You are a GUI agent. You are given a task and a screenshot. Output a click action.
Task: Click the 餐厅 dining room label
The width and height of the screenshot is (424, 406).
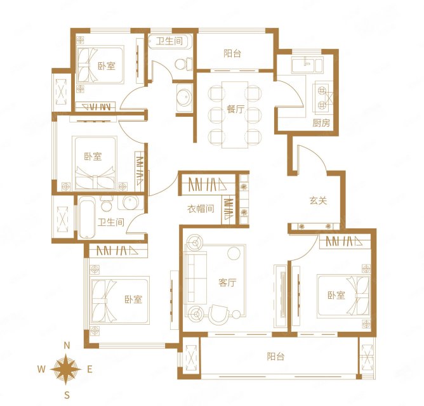pos(235,109)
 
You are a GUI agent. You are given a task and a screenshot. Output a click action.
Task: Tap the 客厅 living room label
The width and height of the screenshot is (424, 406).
pos(227,282)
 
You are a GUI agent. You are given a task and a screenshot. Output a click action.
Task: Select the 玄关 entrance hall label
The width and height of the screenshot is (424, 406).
pos(318,200)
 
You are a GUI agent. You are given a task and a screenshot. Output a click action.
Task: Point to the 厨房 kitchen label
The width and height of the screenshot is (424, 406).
pos(321,123)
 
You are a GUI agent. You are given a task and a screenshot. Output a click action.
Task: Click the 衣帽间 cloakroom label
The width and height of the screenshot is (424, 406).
pos(201,209)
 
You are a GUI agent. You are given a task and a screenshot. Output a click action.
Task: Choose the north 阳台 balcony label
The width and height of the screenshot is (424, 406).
pos(232,53)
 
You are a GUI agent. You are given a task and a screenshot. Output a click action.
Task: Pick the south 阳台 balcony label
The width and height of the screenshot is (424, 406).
pos(276,357)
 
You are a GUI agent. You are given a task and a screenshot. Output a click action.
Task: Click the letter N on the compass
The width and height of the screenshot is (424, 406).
pos(67,345)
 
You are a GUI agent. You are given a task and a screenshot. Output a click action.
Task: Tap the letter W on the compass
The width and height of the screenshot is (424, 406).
pos(41,369)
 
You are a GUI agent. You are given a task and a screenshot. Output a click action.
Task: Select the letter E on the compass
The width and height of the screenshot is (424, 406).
pos(89,369)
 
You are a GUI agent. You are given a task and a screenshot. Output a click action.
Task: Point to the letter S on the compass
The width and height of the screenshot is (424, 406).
pos(67,395)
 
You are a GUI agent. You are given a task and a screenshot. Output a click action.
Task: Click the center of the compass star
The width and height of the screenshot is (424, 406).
pos(66,369)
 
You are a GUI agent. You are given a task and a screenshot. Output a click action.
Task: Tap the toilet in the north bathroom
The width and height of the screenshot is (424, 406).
pos(183,64)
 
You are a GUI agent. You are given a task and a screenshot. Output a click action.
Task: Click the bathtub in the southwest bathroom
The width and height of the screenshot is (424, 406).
pos(86,218)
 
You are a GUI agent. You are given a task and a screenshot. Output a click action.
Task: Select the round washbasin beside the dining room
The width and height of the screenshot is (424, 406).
pos(185,97)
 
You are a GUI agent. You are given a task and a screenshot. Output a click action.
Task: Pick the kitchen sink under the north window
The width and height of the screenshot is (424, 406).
pos(307,65)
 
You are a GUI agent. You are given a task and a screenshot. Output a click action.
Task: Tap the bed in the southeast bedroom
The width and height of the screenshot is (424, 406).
pos(343,295)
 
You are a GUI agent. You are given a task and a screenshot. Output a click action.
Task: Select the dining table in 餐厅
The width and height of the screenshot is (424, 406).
pos(235,115)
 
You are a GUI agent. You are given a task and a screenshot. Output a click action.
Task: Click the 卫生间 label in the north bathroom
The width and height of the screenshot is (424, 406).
pos(169,41)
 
